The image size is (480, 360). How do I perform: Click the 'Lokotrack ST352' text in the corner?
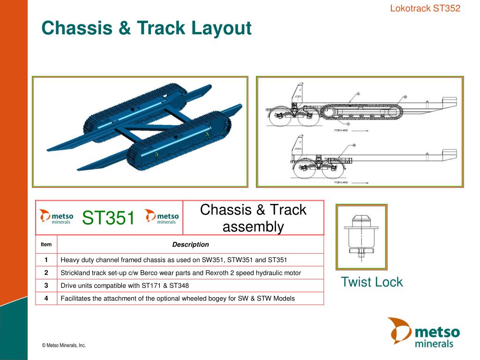(x=425, y=8)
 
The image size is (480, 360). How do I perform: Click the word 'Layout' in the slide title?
(x=221, y=28)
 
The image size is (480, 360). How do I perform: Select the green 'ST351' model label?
(x=109, y=217)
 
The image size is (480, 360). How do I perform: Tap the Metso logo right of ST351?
(x=162, y=217)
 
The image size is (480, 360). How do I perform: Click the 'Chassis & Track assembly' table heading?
(x=253, y=218)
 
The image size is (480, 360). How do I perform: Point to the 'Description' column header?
(x=190, y=244)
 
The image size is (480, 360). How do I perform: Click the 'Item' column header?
(x=46, y=244)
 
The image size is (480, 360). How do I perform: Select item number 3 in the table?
(x=46, y=285)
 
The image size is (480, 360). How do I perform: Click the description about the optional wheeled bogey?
(x=178, y=298)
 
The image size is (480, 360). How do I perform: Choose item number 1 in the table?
(x=46, y=260)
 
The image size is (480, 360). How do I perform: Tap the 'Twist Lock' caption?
(x=371, y=282)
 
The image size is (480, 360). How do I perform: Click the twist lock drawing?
(x=361, y=237)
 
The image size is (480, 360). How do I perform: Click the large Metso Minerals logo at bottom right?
(x=424, y=332)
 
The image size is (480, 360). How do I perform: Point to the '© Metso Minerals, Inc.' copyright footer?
(x=64, y=345)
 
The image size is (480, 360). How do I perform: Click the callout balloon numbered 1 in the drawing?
(x=358, y=94)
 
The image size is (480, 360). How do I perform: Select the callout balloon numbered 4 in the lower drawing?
(x=354, y=145)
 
